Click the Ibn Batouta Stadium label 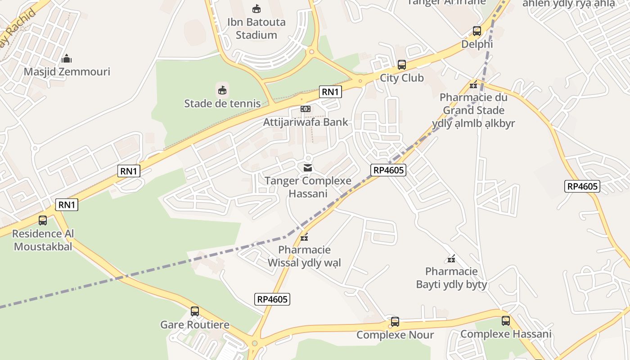[256, 28]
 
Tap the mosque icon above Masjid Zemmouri [67, 58]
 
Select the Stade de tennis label [222, 103]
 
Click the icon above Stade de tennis [222, 90]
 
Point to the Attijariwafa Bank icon [306, 109]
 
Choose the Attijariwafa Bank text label [306, 122]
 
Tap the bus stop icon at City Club [402, 65]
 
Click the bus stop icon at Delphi [477, 31]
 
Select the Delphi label [477, 44]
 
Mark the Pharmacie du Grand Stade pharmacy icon [473, 85]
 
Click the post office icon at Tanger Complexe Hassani [308, 168]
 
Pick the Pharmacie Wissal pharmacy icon [305, 237]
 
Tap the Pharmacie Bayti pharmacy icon [451, 259]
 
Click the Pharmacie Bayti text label [451, 278]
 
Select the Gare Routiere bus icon [195, 311]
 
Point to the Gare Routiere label [195, 324]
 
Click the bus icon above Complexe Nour [395, 322]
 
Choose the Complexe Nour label [395, 335]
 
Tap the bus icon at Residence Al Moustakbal [43, 220]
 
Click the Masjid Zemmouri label [67, 72]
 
